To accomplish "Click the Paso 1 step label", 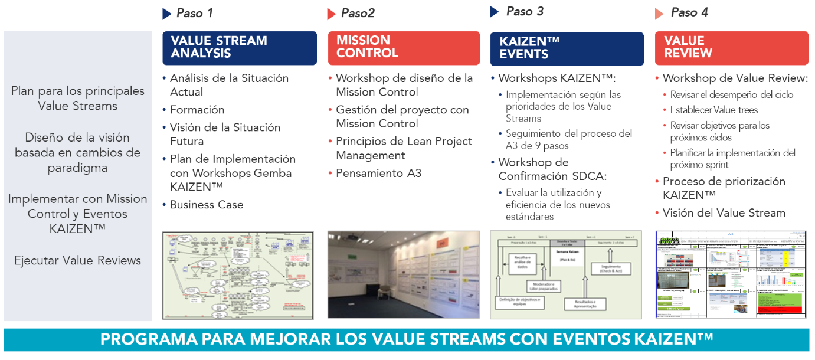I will tap(195, 13).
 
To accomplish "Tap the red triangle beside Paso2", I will tap(332, 14).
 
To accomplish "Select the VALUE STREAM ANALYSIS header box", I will tap(239, 47).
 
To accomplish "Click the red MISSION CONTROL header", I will tap(404, 47).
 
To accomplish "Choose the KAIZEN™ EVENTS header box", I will tap(566, 48).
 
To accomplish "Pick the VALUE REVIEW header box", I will tap(731, 47).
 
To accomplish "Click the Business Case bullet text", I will tap(207, 205).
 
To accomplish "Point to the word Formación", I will tap(197, 110).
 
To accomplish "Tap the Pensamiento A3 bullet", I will tap(378, 174).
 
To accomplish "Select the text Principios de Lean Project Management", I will tap(404, 148).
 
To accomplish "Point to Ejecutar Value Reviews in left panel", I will tap(77, 260).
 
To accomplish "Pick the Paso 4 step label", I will tap(689, 13).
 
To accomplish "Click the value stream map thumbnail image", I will tap(238, 275).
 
